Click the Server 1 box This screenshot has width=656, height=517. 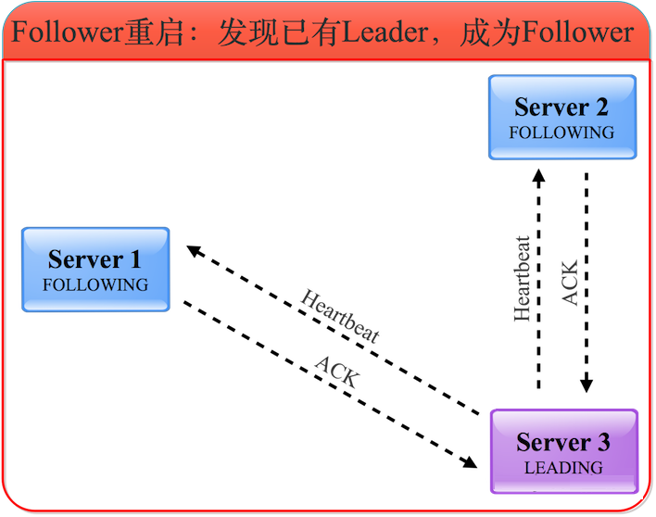(95, 270)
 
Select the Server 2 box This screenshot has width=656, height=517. (562, 117)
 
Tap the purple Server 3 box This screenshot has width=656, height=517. (564, 451)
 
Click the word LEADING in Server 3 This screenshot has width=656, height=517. (563, 468)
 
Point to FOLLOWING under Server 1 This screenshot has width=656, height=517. (95, 284)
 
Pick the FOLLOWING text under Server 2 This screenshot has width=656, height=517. (561, 132)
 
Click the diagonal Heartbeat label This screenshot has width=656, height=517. (340, 316)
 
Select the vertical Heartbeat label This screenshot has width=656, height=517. (523, 279)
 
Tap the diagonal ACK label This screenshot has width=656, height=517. (337, 372)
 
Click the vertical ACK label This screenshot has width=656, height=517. (570, 284)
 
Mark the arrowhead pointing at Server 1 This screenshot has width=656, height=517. (194, 251)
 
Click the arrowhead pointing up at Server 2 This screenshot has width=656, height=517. (538, 175)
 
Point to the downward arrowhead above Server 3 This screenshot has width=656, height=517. (587, 385)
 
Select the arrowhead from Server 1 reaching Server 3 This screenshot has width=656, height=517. (470, 462)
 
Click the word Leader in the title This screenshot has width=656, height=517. (385, 32)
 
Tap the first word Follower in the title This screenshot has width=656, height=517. (67, 32)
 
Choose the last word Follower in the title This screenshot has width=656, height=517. (578, 32)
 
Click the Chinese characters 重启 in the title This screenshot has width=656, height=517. (155, 32)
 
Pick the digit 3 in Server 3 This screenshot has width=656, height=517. (603, 442)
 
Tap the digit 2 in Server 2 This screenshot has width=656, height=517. (601, 107)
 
